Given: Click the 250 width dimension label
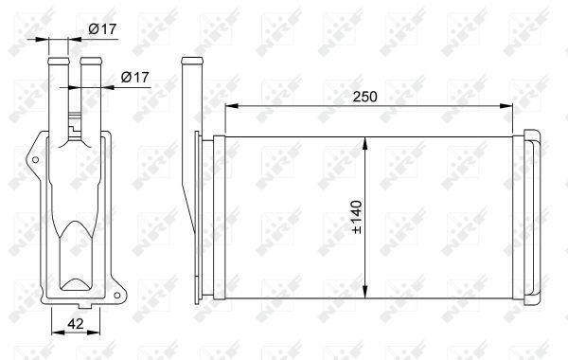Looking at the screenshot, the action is (364, 97).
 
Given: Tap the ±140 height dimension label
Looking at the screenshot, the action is (357, 217).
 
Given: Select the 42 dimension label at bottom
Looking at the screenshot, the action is (76, 324).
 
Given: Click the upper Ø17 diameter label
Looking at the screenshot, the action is (102, 28).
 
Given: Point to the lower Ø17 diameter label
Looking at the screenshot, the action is (134, 77).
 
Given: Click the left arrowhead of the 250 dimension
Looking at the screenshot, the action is (231, 106).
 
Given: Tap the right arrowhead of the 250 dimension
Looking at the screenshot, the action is (506, 106).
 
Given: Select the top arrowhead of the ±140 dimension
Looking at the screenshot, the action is (365, 143).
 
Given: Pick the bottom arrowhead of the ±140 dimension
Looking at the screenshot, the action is (365, 292).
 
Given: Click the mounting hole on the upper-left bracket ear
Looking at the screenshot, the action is (36, 159).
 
